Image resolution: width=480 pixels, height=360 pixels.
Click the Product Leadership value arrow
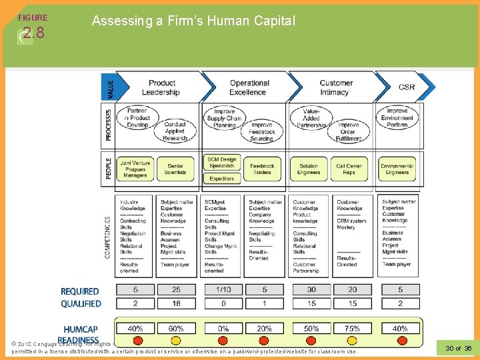pyautogui.click(x=162, y=87)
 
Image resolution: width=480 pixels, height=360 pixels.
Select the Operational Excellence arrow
pyautogui.click(x=249, y=87)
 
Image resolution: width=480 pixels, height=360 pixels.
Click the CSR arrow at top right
pyautogui.click(x=407, y=87)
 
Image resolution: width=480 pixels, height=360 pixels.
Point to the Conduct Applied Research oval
pyautogui.click(x=175, y=131)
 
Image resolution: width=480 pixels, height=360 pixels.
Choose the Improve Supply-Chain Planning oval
pyautogui.click(x=225, y=118)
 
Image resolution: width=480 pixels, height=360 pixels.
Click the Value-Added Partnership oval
pyautogui.click(x=311, y=118)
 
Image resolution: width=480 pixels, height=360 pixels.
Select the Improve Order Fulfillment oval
pyautogui.click(x=349, y=131)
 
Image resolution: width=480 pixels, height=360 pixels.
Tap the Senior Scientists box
pyautogui.click(x=175, y=169)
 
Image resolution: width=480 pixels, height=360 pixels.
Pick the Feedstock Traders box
pyautogui.click(x=262, y=169)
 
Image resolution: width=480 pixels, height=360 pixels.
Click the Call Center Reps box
pyautogui.click(x=349, y=169)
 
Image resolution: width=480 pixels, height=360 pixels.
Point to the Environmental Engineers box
pyautogui.click(x=397, y=169)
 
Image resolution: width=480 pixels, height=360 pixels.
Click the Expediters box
pyautogui.click(x=222, y=179)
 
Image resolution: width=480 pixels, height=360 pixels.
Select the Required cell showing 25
pyautogui.click(x=176, y=290)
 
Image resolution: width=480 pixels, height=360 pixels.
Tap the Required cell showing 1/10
pyautogui.click(x=223, y=290)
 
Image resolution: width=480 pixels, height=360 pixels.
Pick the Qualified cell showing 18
pyautogui.click(x=176, y=303)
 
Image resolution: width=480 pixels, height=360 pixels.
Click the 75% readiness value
pyautogui.click(x=353, y=328)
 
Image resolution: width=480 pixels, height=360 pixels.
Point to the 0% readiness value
pyautogui.click(x=223, y=328)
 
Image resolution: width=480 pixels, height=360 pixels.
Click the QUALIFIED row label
pyautogui.click(x=81, y=303)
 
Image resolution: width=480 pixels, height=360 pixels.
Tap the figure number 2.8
pyautogui.click(x=33, y=32)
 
